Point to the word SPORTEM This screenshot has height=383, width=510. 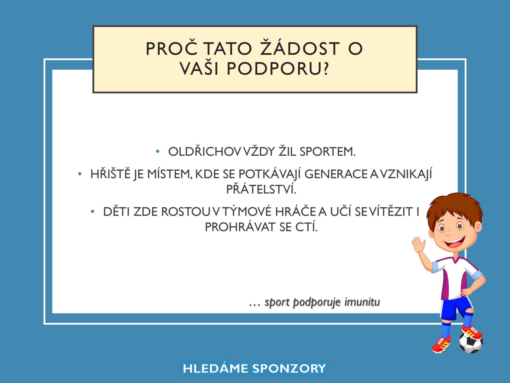[328, 152]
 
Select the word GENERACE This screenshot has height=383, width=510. [336, 174]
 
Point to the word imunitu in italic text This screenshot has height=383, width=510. [362, 302]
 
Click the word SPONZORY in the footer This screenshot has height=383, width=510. [289, 368]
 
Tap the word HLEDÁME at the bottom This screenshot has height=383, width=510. [215, 368]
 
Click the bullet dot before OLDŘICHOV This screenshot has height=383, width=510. [157, 152]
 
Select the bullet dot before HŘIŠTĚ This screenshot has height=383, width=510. [80, 174]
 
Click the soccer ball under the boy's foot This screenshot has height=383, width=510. [471, 343]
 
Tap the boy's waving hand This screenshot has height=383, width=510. [419, 244]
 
